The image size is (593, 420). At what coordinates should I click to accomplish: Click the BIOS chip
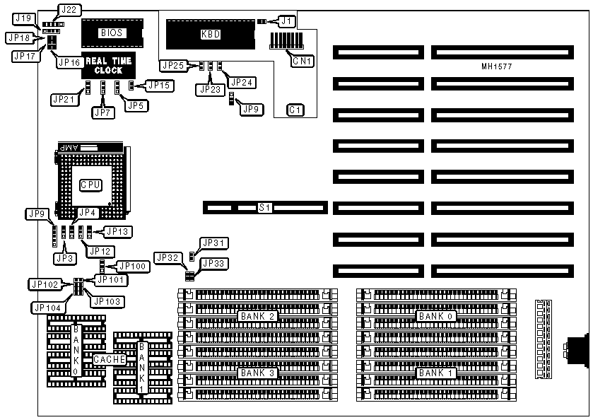click(111, 33)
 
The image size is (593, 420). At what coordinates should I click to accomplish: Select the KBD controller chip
click(209, 33)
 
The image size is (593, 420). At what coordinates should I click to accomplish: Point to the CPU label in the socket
click(90, 185)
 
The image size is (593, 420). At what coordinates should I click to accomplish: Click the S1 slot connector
click(265, 207)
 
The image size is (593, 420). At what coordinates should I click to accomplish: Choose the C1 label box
click(295, 110)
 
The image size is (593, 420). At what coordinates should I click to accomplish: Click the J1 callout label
click(286, 21)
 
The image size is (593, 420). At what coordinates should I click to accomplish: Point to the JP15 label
click(158, 86)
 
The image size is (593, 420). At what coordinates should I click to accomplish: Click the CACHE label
click(110, 359)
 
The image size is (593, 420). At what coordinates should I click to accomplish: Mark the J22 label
click(70, 9)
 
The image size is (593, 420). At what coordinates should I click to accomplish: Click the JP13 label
click(117, 231)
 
